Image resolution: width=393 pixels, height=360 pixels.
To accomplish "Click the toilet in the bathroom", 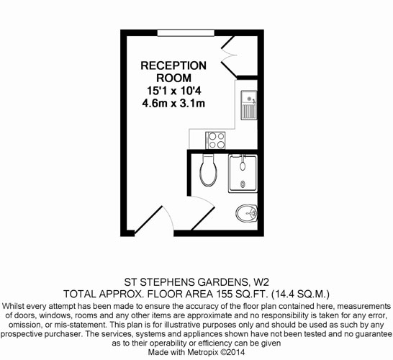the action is (x=208, y=170).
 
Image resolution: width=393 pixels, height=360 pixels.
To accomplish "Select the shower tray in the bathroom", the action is (x=243, y=174).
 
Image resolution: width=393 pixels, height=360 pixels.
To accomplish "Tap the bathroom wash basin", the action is (x=247, y=213).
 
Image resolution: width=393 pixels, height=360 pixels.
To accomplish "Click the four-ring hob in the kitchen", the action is (x=215, y=140).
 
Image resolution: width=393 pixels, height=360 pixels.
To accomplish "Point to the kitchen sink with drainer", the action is (x=249, y=105).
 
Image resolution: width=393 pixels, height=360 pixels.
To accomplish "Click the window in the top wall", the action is (x=186, y=33).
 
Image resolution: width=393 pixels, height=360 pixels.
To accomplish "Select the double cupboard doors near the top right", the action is (x=229, y=56).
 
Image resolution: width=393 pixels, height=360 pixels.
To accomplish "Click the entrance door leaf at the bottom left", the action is (x=148, y=220).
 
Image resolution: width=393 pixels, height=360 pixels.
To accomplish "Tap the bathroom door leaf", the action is (x=203, y=218).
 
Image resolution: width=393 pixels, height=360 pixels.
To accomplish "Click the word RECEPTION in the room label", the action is (x=173, y=66).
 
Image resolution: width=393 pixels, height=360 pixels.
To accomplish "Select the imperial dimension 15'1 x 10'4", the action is (x=174, y=91).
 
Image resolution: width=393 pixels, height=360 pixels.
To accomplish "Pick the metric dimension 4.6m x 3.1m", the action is (x=173, y=103).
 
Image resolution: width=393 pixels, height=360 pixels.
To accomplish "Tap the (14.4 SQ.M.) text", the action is (x=301, y=294).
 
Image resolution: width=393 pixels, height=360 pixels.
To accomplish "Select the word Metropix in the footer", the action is (x=202, y=352).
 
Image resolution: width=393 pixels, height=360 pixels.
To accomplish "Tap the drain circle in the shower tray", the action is (x=243, y=184).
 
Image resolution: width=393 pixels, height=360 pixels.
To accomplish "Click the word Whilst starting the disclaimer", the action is (x=13, y=306).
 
